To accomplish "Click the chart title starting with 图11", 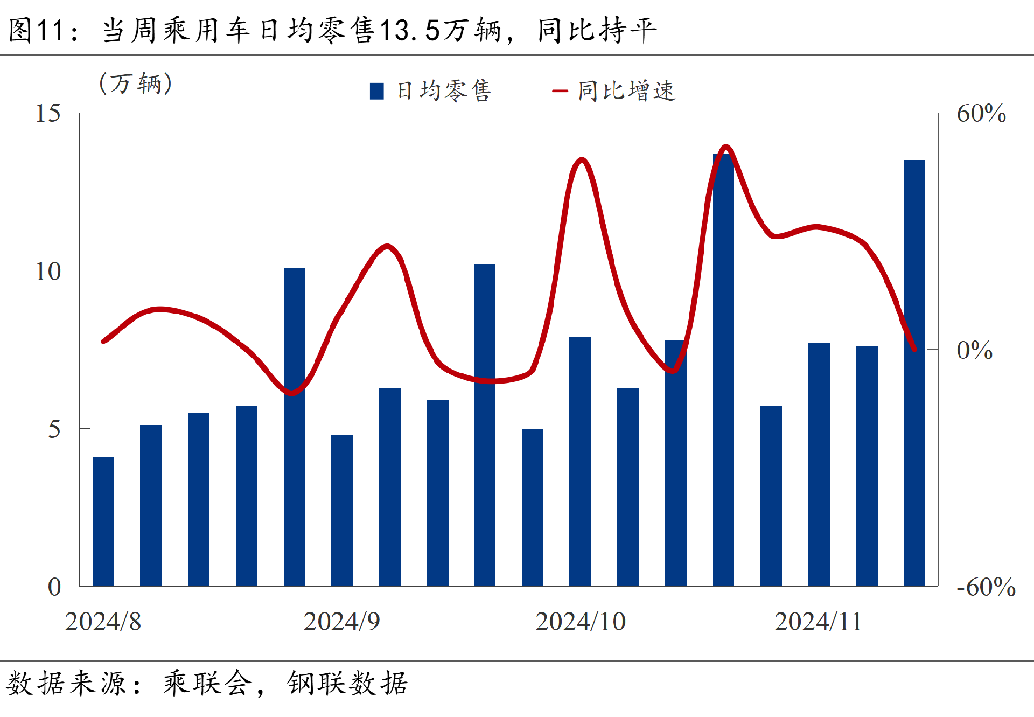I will pos(332,30).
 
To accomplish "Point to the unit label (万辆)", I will pos(136,84).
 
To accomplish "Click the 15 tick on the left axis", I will pos(48,114).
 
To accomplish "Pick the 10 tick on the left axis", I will pos(48,272).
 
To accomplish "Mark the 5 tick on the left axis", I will pos(54,429).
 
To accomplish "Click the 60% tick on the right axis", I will pos(981,114).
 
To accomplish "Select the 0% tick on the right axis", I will pos(974,351).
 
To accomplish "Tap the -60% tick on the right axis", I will pos(986,587).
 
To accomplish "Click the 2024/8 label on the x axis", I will pos(103,622).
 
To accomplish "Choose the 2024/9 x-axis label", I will pos(341,622).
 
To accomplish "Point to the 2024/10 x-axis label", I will pos(580,622).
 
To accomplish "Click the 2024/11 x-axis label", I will pos(818,622).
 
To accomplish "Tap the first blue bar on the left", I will pos(103,521).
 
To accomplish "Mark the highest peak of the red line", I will pos(726,147).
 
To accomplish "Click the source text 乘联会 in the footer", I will pos(208,684).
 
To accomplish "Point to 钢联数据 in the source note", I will pos(347,684).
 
